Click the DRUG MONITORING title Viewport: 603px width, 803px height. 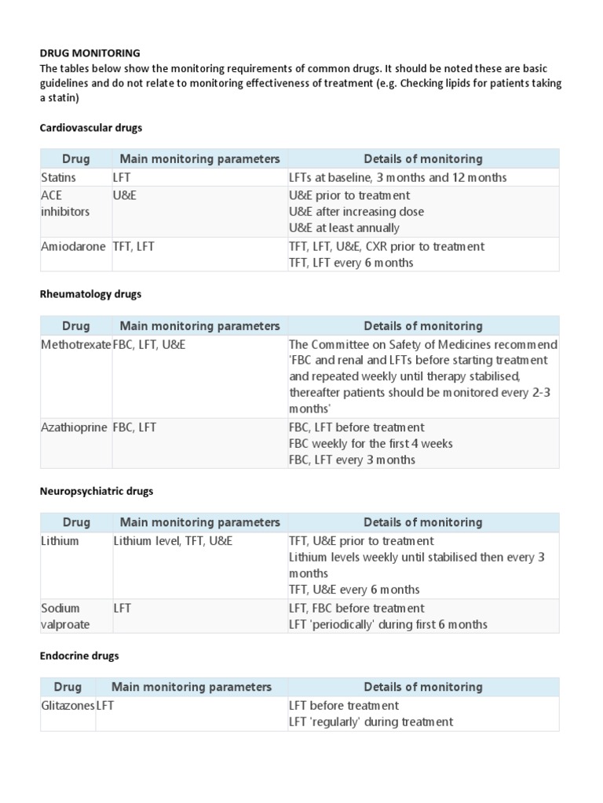pos(90,53)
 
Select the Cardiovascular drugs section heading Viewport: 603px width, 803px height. pos(91,127)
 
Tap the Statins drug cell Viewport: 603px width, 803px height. pos(59,178)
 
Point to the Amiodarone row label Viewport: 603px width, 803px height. pos(73,246)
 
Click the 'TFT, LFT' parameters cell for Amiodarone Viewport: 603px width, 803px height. pos(134,246)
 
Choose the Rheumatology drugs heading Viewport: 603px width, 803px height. pos(90,294)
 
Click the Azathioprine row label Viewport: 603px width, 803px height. pos(74,427)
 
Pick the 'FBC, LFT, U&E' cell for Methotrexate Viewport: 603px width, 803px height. pos(149,345)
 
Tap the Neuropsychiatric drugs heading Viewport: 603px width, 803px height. pos(97,491)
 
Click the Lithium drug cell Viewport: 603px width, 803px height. pos(60,541)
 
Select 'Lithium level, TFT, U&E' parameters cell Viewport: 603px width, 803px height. pos(173,541)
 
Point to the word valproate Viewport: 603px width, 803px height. pos(65,624)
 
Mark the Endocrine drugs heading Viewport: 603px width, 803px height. pos(79,656)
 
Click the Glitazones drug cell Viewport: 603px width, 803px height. pos(68,706)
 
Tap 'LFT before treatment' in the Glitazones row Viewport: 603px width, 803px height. pos(344,706)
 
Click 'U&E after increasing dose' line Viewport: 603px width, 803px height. pos(356,212)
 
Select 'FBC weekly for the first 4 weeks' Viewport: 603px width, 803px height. pos(371,444)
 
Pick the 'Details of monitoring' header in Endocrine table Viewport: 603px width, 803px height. pos(423,687)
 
